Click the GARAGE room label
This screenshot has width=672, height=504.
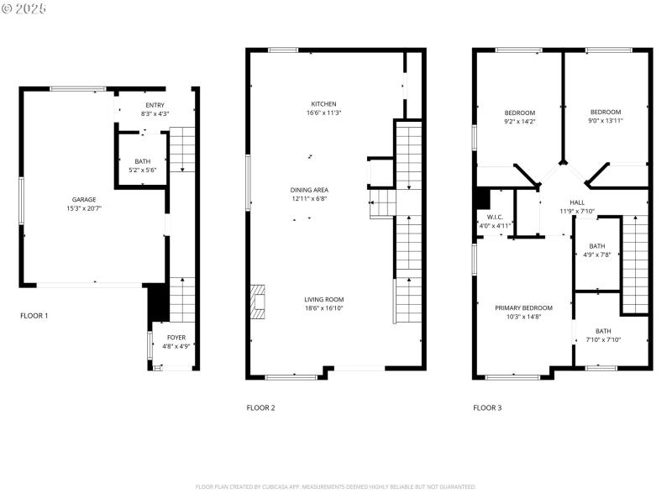click(83, 199)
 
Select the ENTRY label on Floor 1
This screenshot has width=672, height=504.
click(155, 105)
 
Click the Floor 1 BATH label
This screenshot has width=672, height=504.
click(143, 161)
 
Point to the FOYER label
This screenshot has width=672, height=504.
click(176, 338)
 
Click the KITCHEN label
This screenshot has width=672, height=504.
click(323, 104)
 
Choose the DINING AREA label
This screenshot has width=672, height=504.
click(309, 190)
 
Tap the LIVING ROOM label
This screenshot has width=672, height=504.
click(323, 299)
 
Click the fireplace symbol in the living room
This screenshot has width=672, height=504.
click(259, 300)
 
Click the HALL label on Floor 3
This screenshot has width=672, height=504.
click(577, 202)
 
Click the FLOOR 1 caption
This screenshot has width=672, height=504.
click(34, 316)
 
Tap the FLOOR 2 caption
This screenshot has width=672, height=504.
click(260, 407)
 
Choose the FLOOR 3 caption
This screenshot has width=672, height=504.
click(487, 407)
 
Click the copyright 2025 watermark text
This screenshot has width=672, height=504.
click(24, 8)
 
